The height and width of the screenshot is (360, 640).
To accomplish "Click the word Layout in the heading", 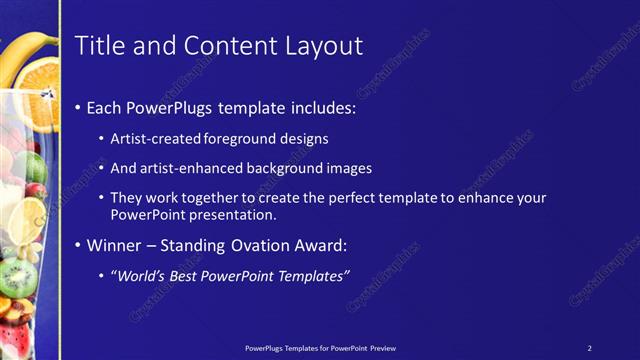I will click(320, 45).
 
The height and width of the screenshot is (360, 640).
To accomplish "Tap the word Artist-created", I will click(153, 139).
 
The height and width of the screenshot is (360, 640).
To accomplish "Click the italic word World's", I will click(140, 275).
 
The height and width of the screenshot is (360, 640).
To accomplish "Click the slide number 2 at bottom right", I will click(589, 348).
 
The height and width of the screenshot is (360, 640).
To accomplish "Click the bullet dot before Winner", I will click(79, 245).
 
